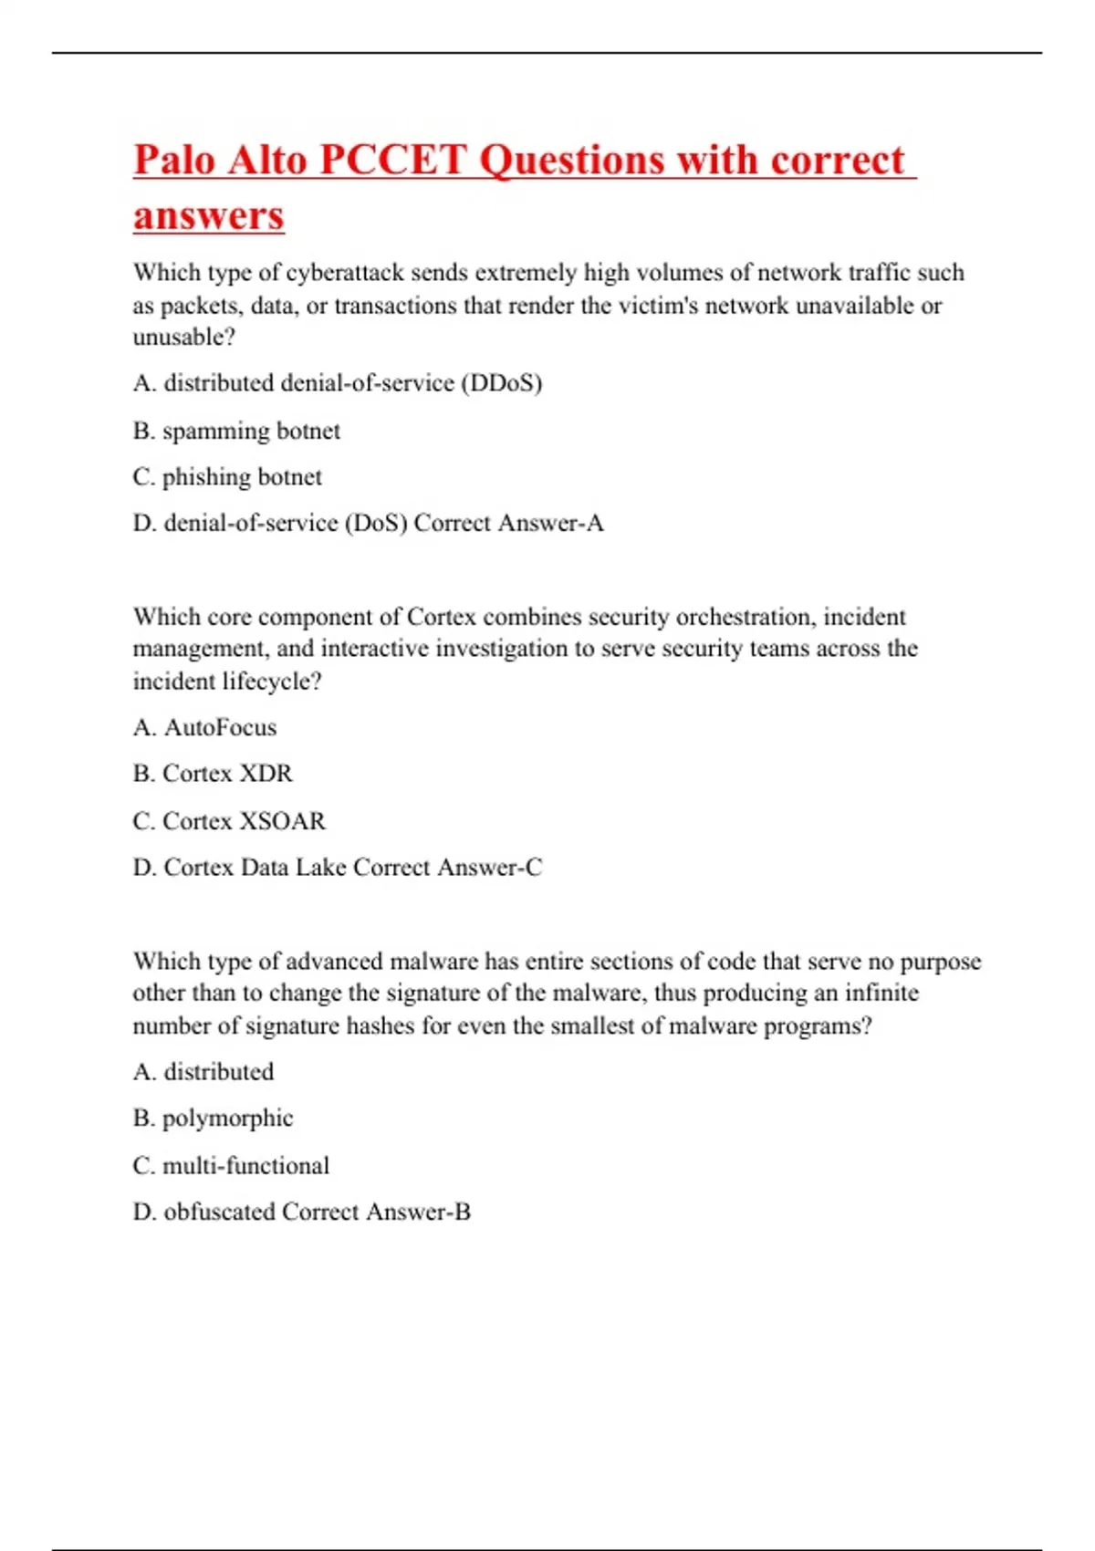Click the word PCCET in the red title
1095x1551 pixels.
(x=394, y=161)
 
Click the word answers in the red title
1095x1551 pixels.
(x=209, y=216)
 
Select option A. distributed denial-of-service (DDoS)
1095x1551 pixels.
(x=338, y=383)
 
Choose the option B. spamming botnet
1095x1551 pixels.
(x=236, y=431)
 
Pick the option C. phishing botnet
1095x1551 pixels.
(x=227, y=477)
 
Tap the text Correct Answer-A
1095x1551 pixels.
(x=508, y=523)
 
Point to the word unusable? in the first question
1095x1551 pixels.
(x=184, y=338)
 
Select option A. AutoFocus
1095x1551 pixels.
(x=204, y=727)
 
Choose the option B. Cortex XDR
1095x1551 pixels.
(x=213, y=774)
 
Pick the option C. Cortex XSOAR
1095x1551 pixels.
(x=229, y=821)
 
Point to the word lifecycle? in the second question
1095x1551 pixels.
(x=272, y=682)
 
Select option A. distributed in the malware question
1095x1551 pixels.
(x=203, y=1072)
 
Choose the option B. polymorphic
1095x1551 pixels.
(x=213, y=1119)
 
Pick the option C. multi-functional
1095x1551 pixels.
(x=231, y=1166)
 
